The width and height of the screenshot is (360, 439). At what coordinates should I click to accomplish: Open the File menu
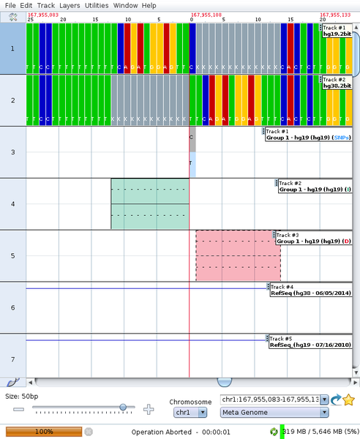click(10, 5)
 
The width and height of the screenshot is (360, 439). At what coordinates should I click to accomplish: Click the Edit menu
click(26, 5)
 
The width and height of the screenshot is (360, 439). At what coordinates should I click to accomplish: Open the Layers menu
click(70, 5)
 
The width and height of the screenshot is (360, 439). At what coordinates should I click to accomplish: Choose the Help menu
click(149, 5)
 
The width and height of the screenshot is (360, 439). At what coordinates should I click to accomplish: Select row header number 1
click(12, 48)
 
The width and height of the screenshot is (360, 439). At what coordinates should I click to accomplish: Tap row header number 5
click(12, 255)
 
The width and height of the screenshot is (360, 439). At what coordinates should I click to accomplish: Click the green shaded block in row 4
click(149, 204)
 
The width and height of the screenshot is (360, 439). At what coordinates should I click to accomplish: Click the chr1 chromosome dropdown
click(188, 413)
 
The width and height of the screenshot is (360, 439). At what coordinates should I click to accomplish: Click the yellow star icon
click(349, 399)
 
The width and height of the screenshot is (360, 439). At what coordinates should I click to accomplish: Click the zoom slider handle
click(122, 408)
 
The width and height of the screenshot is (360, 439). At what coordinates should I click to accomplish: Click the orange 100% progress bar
click(44, 432)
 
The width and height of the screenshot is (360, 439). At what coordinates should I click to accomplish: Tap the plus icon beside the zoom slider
click(149, 409)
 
